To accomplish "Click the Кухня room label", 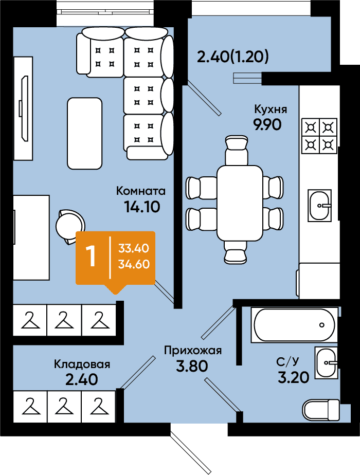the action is coord(271,109).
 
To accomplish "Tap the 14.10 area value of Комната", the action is coord(142,207).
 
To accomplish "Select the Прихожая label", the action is coord(193,351).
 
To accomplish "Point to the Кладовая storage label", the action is coord(82,364).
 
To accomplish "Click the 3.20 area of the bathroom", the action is coord(293,377).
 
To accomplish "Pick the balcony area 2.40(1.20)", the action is coord(233,57).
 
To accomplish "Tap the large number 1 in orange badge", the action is coord(91,256).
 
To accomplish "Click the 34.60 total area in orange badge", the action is coord(134,264).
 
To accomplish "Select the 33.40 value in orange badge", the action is coord(134,248).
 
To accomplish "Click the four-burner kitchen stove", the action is coord(319,136).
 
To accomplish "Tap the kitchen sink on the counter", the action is coord(319,206).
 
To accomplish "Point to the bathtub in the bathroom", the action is coord(294,325).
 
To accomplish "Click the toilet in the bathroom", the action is coord(322,409).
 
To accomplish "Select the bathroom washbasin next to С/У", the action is coord(326,362).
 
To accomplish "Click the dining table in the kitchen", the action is coord(240,203).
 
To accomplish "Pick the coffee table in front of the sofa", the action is coord(84,133).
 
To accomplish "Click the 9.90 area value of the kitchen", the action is coord(267,124).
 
